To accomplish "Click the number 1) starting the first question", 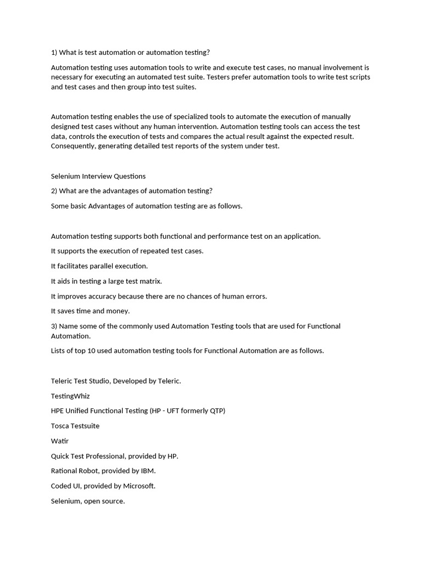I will click(x=54, y=53).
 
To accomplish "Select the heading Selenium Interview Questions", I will click(x=98, y=176).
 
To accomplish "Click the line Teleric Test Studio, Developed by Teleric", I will click(x=116, y=381).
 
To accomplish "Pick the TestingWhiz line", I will click(x=70, y=396).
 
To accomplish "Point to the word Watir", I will click(x=60, y=441).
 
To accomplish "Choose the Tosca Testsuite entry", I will click(x=75, y=426).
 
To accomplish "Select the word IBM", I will click(x=148, y=471).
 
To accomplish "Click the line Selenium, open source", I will click(x=88, y=501).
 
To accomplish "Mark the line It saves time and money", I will click(x=91, y=311).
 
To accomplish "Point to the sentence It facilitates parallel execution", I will click(x=99, y=266).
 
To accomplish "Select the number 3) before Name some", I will click(x=54, y=326).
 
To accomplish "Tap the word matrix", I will click(x=151, y=281).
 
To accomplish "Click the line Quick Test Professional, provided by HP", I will click(x=115, y=456).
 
